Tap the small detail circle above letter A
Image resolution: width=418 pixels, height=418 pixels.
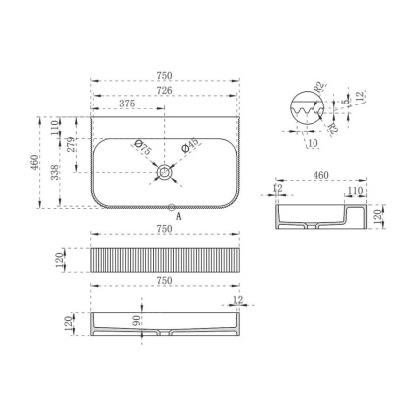click(165, 206)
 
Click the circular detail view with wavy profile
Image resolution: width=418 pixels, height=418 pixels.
click(312, 108)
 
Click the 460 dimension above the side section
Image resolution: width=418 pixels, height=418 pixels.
click(320, 175)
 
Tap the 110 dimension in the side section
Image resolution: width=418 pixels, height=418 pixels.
click(354, 189)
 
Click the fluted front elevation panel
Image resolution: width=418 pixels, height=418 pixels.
click(165, 261)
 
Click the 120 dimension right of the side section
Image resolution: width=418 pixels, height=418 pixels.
click(379, 216)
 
